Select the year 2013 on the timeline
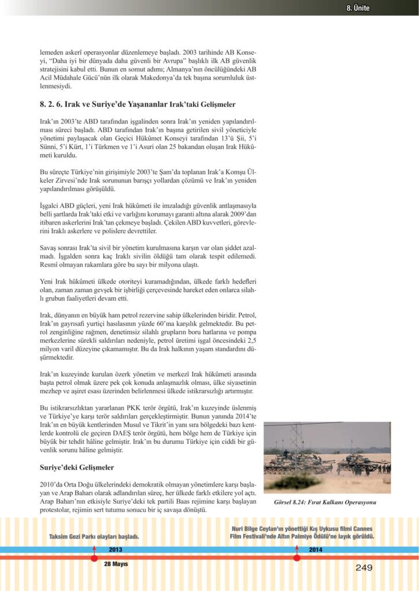(116, 549)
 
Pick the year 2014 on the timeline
(316, 549)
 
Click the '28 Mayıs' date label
(116, 563)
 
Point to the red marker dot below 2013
(94, 558)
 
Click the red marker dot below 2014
(296, 558)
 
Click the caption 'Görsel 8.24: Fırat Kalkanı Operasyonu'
(325, 502)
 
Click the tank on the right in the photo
(357, 462)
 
